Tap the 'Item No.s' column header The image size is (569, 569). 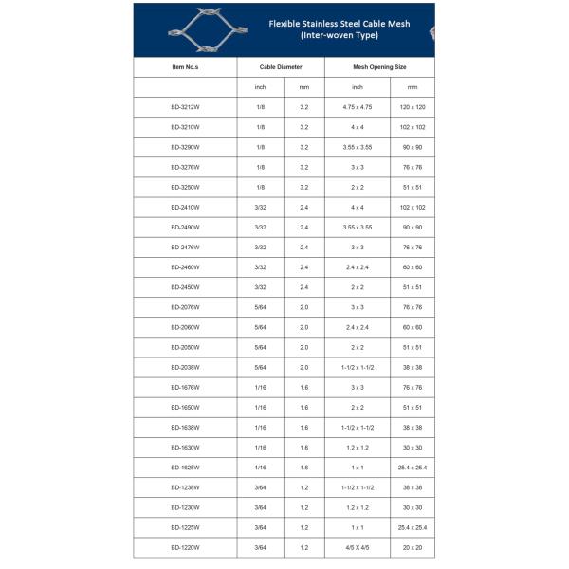pos(185,68)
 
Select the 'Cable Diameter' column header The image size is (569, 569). pos(282,68)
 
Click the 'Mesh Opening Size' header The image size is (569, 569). pos(379,68)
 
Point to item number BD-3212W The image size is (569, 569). pos(185,107)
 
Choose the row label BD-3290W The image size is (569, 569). pos(185,147)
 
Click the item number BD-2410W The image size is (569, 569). pos(185,207)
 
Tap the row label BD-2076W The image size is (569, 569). pos(185,307)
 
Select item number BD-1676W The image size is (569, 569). pos(185,387)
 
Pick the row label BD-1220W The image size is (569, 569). pos(185,547)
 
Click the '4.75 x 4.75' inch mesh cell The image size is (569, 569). pos(358,107)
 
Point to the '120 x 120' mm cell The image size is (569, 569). pos(412,107)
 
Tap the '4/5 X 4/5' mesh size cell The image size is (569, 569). pos(358,547)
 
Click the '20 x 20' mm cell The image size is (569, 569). pos(412,547)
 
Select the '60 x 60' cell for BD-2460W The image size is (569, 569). pos(412,267)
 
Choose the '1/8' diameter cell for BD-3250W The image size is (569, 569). pos(261,187)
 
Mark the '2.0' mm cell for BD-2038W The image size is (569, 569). pos(303,367)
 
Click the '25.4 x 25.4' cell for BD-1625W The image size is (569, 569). pos(412,468)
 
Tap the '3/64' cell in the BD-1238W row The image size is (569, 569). pos(261,487)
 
